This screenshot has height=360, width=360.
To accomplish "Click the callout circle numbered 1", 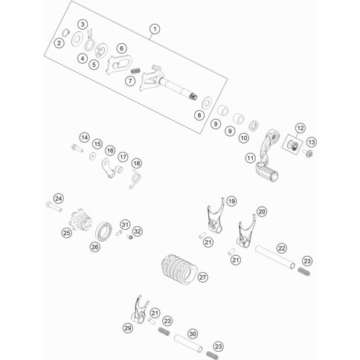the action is (x=155, y=29).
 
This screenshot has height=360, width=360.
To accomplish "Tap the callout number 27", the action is (x=203, y=277).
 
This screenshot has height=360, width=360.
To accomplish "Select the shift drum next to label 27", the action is (x=179, y=269).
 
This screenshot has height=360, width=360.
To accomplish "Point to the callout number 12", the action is (x=300, y=128).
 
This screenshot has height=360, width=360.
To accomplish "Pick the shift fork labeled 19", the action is (x=216, y=216).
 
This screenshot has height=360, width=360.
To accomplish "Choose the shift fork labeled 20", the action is (x=246, y=231).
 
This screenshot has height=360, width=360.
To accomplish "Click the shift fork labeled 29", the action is (x=140, y=309).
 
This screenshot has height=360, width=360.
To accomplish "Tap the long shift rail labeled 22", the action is (x=275, y=257).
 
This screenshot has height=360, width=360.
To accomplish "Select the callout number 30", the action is (x=193, y=334).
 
